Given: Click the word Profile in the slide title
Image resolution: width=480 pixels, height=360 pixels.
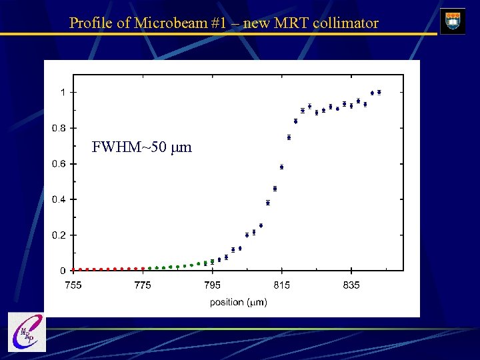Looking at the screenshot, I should click(90, 23).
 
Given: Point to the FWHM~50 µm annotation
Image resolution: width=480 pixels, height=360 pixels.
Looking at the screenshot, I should click(141, 147).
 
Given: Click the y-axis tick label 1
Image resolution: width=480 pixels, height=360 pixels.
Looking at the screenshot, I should click(63, 92).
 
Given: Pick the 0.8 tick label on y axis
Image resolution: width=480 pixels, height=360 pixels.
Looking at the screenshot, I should click(59, 128).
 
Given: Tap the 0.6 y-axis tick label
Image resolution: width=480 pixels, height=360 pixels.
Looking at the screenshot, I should click(59, 164).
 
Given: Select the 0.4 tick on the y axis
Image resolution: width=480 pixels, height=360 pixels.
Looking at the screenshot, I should click(59, 199).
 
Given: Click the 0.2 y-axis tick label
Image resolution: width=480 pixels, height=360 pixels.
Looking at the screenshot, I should click(59, 235).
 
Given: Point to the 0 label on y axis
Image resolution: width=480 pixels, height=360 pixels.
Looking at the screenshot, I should click(63, 271).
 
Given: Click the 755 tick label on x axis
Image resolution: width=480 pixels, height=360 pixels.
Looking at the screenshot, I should click(73, 285).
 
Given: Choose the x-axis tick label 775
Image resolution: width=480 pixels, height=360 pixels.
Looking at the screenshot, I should click(143, 285).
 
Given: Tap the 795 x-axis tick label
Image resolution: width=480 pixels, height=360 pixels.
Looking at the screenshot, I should click(212, 285).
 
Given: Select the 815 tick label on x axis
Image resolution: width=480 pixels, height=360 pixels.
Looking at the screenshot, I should click(282, 285).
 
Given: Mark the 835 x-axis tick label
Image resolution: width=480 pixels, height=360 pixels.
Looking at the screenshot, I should click(351, 285).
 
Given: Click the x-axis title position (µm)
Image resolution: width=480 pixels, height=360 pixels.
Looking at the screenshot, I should click(238, 302).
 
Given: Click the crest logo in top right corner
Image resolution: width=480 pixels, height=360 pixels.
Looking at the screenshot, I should click(453, 21).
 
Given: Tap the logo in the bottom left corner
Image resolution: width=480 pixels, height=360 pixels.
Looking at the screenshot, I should click(27, 331).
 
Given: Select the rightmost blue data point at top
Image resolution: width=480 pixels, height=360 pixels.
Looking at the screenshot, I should click(379, 92).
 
